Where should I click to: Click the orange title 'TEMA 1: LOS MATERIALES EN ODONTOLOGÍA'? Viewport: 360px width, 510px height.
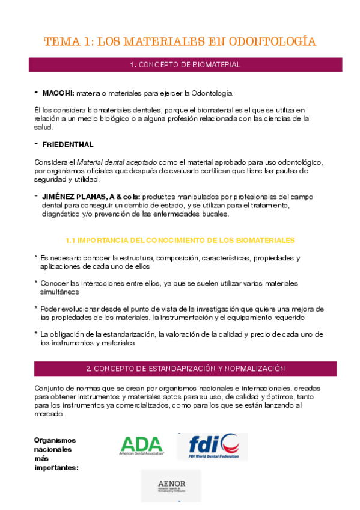(x=180, y=41)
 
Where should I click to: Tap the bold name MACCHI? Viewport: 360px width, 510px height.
(x=58, y=93)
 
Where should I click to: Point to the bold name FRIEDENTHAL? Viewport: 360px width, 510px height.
(x=68, y=145)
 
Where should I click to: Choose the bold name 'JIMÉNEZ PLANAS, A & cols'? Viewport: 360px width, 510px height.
(x=91, y=197)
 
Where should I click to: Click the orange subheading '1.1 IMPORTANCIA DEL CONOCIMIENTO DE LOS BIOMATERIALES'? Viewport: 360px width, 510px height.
(x=180, y=240)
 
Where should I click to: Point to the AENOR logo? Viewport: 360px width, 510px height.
(x=171, y=486)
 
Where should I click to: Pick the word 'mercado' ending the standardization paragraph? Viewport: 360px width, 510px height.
(x=49, y=414)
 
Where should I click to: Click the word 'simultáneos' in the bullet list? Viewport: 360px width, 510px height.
(x=59, y=292)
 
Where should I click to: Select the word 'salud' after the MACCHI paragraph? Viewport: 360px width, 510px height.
(x=43, y=127)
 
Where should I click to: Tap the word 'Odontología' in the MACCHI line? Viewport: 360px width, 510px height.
(x=211, y=93)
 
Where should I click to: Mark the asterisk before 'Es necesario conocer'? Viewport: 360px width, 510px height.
(x=36, y=257)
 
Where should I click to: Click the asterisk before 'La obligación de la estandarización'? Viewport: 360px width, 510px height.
(x=36, y=334)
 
